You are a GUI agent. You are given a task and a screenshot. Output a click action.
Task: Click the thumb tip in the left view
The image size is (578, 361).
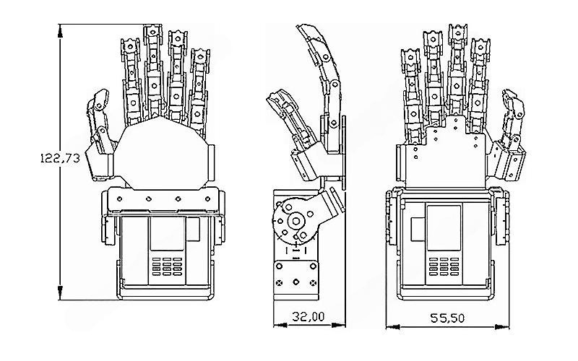click(99, 97)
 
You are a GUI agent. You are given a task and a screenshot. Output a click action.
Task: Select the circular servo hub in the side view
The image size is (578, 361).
click(295, 220)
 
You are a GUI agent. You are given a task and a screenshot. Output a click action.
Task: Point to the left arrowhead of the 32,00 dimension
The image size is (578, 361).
click(277, 325)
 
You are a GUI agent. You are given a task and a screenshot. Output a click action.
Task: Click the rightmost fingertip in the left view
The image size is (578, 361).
click(199, 55)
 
